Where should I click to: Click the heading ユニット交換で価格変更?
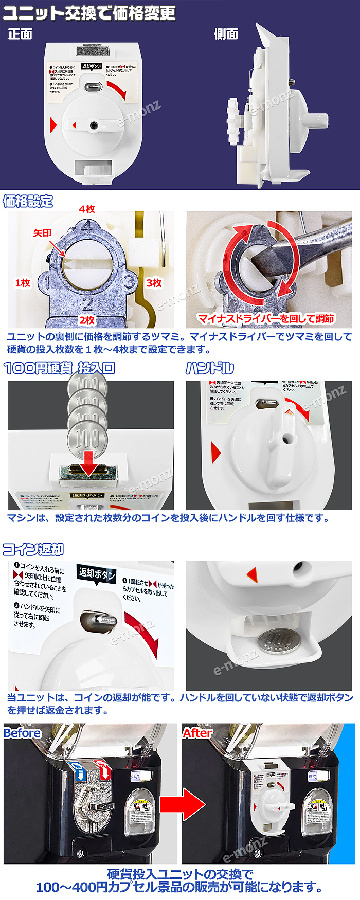pyautogui.click(x=89, y=13)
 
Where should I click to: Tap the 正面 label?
pyautogui.click(x=20, y=34)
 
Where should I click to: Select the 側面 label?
pyautogui.click(x=226, y=34)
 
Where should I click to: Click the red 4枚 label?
pyautogui.click(x=87, y=209)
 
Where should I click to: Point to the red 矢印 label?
pyautogui.click(x=42, y=233)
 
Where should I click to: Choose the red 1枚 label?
pyautogui.click(x=23, y=283)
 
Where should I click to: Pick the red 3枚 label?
pyautogui.click(x=154, y=283)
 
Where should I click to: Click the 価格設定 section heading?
pyautogui.click(x=28, y=201)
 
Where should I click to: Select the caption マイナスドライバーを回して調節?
pyautogui.click(x=266, y=319)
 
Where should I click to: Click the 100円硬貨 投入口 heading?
pyautogui.click(x=59, y=368)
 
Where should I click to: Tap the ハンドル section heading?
pyautogui.click(x=209, y=368)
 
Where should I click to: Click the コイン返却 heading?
pyautogui.click(x=33, y=549)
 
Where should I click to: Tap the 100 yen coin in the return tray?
pyautogui.click(x=277, y=641)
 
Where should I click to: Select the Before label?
pyautogui.click(x=22, y=733)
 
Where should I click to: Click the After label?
pyautogui.click(x=197, y=733)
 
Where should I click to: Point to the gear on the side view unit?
pyautogui.click(x=236, y=117)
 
